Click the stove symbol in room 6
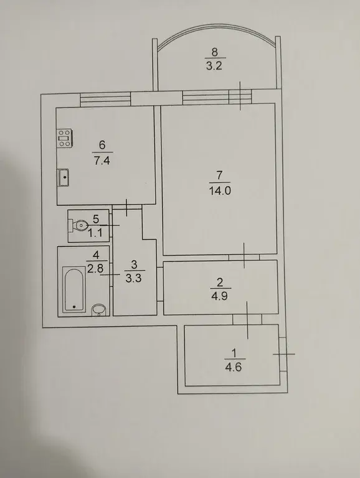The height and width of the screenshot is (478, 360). click(x=64, y=139)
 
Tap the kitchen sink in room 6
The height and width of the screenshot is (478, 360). click(x=63, y=177)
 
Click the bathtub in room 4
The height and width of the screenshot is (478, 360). click(x=73, y=289)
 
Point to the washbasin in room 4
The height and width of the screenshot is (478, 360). click(x=98, y=309)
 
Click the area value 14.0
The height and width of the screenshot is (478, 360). click(x=220, y=191)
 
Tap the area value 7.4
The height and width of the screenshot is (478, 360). click(x=102, y=161)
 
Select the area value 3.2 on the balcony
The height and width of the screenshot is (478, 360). click(x=214, y=66)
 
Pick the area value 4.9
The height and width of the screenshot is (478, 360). click(x=220, y=296)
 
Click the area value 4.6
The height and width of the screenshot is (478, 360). click(x=234, y=367)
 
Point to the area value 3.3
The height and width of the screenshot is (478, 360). click(x=134, y=278)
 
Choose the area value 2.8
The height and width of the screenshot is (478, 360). click(x=95, y=269)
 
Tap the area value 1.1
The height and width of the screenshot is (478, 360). click(x=95, y=234)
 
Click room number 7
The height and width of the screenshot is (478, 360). click(x=220, y=176)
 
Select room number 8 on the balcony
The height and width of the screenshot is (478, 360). click(x=214, y=52)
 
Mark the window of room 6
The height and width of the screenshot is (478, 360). click(x=105, y=100)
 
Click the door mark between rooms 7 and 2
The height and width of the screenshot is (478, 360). click(x=244, y=255)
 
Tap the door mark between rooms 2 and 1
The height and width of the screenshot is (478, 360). click(x=247, y=320)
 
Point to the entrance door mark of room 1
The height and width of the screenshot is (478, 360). click(x=284, y=354)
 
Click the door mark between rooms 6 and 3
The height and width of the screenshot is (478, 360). click(x=126, y=207)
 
